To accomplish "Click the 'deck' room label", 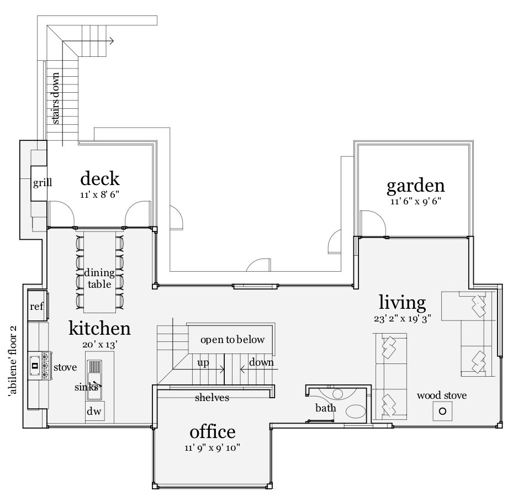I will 99,178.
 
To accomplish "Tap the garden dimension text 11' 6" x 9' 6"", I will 415,202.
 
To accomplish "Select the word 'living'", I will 402,302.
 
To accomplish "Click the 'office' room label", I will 213,431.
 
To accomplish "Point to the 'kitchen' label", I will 99,328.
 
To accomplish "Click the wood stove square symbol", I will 442,411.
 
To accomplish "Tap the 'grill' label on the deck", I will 42,182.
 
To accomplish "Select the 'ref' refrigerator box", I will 36,307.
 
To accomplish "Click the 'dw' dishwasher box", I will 94,412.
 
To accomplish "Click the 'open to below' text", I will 232,340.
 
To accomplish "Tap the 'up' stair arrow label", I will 203,363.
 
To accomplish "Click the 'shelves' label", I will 212,397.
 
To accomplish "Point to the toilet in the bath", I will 355,412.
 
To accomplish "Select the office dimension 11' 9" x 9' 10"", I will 213,448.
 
